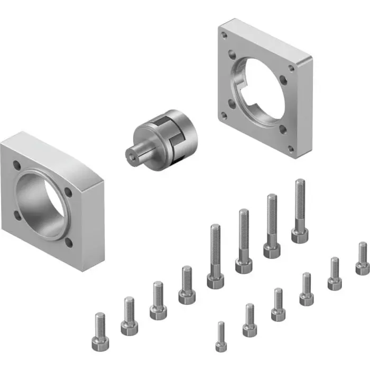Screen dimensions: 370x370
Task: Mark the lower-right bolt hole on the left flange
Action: (x=69, y=243)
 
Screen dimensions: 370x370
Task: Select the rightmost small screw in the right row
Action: (x=362, y=258)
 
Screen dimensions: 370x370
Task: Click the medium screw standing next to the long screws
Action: (x=187, y=285)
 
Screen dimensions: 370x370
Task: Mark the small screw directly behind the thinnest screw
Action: (x=249, y=320)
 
